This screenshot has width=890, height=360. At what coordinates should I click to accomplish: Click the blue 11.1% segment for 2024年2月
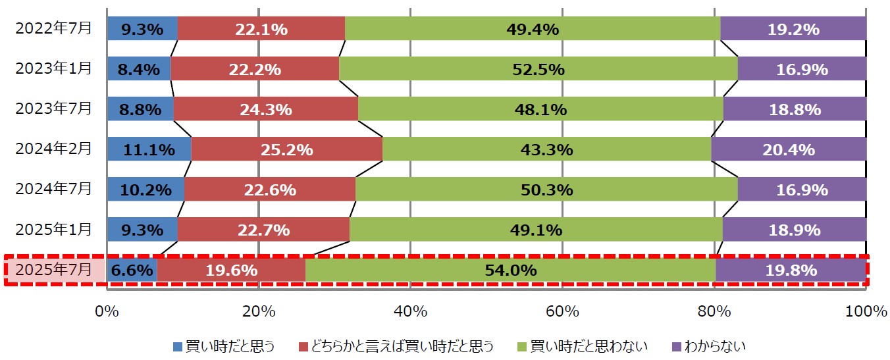point(149,149)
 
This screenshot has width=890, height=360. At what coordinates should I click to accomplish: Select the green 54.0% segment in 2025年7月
point(510,270)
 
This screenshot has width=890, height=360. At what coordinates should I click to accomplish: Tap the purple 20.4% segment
point(789,149)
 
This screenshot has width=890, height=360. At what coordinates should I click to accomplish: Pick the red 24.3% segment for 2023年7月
point(265,109)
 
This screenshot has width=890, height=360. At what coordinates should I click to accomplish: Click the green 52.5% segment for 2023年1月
point(538,69)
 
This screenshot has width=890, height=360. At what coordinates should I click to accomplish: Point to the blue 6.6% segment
point(132,270)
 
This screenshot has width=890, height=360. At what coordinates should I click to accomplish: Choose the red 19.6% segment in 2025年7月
point(231,270)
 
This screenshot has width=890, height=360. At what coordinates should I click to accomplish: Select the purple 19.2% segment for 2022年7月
point(793,29)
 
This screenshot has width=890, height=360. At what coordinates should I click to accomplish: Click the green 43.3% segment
point(546,149)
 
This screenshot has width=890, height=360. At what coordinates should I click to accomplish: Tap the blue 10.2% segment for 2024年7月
point(145,190)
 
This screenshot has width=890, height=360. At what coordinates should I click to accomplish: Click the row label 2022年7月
point(54,29)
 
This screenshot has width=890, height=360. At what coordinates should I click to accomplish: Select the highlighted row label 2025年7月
point(54,270)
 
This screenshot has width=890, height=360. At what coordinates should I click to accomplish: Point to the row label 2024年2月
point(54,149)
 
